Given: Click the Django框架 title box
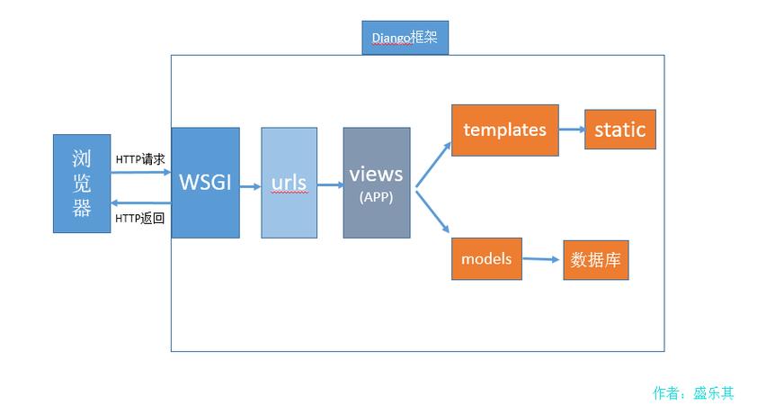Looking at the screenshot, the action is click(405, 38).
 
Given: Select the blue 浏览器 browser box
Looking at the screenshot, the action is click(82, 184).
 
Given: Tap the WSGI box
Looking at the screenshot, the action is click(205, 183).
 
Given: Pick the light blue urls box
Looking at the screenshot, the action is click(289, 183).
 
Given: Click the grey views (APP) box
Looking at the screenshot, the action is click(377, 183).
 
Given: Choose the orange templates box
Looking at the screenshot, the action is click(505, 130).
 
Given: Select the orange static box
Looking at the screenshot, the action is click(619, 130).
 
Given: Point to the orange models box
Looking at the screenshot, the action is click(486, 258).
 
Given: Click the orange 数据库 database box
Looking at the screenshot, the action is click(596, 260).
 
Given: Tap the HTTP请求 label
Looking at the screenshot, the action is click(140, 159).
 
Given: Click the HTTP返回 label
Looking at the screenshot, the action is click(140, 219).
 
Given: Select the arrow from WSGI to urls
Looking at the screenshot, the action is click(250, 186).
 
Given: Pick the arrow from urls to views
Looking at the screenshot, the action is click(330, 185).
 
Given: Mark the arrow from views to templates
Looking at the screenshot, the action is click(433, 165).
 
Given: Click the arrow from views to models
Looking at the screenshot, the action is click(432, 211).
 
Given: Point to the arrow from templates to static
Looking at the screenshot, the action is click(572, 130).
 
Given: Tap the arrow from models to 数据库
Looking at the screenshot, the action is click(540, 259).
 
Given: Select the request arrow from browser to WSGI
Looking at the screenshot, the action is click(141, 172).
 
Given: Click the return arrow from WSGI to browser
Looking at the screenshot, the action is click(141, 202).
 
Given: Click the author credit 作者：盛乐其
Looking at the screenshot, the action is click(693, 393).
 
